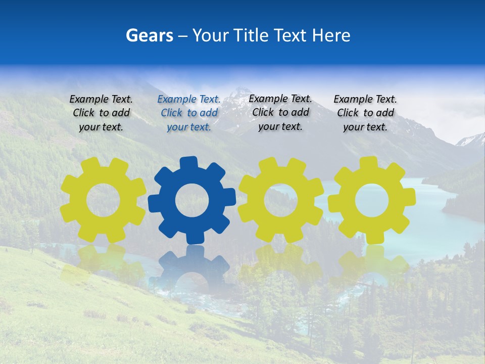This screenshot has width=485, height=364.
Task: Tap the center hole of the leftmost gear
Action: pyautogui.click(x=103, y=200)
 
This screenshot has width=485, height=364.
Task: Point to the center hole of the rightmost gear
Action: pyautogui.click(x=371, y=200)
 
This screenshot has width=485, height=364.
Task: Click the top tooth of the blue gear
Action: pyautogui.click(x=189, y=163)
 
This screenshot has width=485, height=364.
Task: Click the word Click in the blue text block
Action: pyautogui.click(x=172, y=113)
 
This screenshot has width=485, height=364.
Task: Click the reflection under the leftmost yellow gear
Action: pyautogui.click(x=103, y=263)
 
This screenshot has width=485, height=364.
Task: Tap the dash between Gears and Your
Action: pyautogui.click(x=183, y=36)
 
